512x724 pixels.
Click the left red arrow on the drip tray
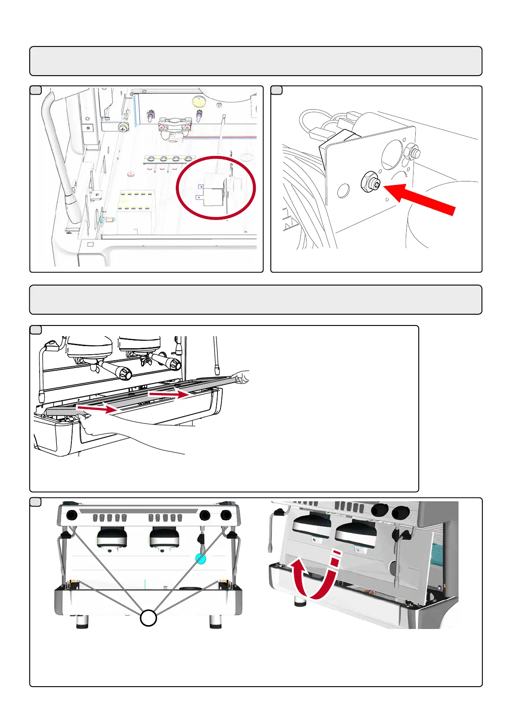point(97,409)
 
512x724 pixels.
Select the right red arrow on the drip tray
point(169,393)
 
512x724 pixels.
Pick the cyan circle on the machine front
point(201,558)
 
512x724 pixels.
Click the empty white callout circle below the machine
point(148,618)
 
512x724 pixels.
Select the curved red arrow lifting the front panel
point(316,576)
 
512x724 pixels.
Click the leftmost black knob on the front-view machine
point(72,515)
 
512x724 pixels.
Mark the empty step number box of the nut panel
point(276,90)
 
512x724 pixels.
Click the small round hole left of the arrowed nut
point(343,190)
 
